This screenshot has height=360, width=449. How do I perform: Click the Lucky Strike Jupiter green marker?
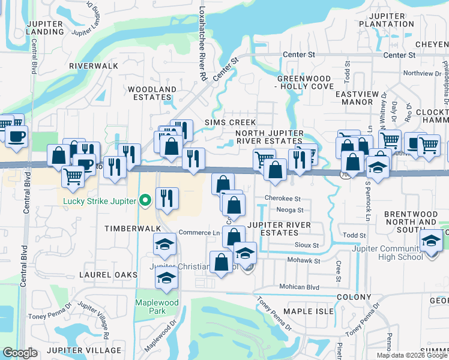point(145,200)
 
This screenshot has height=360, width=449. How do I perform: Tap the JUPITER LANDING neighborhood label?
point(46,27)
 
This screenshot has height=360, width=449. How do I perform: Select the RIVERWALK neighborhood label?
point(90,65)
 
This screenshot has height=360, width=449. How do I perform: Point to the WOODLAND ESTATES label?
point(152,93)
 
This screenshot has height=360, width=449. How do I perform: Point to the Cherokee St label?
point(280,199)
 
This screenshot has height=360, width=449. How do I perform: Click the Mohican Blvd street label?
point(297,287)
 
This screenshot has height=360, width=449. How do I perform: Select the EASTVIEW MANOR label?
point(358,98)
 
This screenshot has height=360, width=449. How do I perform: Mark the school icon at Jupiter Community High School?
point(430,242)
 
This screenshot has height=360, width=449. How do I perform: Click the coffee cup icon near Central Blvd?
point(16,136)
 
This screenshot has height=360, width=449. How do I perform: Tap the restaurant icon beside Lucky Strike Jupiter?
point(167,197)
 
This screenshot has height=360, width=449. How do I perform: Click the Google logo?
point(20,353)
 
